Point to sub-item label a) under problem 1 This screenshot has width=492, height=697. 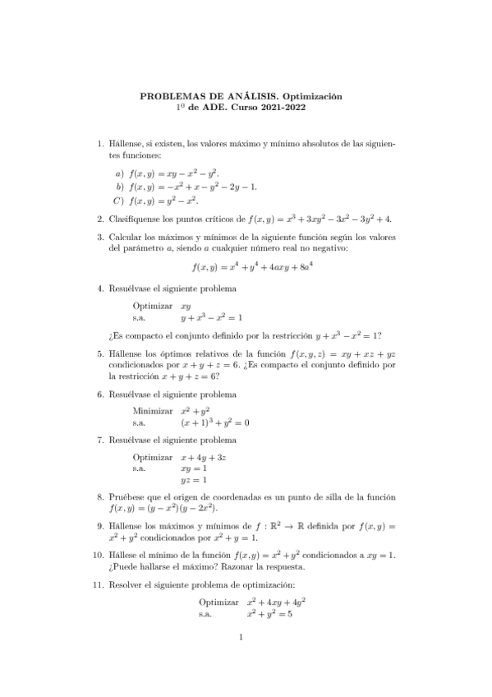pos(119,174)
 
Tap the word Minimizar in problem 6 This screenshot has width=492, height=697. pos(152,409)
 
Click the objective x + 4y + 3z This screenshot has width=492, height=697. pos(209,455)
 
